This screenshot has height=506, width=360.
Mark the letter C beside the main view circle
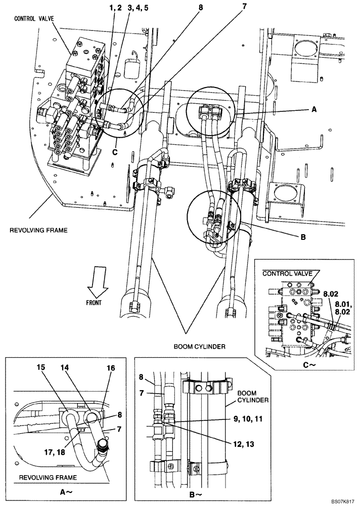(116, 151)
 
